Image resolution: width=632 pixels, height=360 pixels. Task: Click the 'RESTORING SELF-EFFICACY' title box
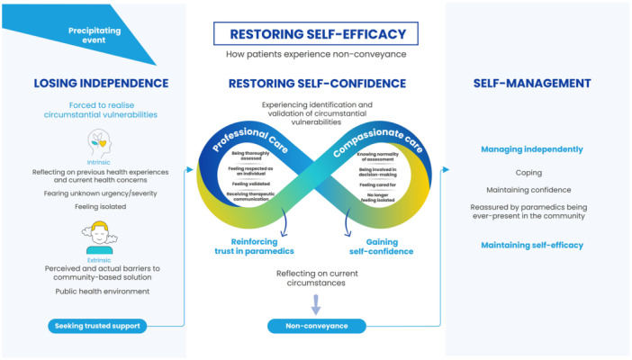(x=317, y=35)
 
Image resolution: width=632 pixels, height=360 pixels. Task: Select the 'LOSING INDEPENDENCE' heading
(x=101, y=84)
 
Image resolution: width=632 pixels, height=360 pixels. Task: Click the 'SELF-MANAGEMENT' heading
(x=531, y=84)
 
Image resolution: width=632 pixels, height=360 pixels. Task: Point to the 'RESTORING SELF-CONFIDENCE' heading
(x=315, y=84)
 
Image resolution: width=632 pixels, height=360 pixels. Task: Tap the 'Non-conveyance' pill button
(x=316, y=325)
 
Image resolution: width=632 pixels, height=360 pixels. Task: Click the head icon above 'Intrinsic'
(x=100, y=143)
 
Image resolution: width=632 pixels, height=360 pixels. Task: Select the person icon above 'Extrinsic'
(x=99, y=238)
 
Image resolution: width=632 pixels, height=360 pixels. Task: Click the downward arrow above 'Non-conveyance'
(x=315, y=303)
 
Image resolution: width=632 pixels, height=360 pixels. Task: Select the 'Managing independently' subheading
(x=531, y=148)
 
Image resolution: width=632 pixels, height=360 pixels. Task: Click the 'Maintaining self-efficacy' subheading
(x=531, y=245)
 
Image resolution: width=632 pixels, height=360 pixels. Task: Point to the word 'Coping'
(x=528, y=172)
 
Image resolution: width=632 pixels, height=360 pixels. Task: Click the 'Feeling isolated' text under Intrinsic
(x=101, y=206)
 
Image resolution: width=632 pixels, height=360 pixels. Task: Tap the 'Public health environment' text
(x=101, y=292)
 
